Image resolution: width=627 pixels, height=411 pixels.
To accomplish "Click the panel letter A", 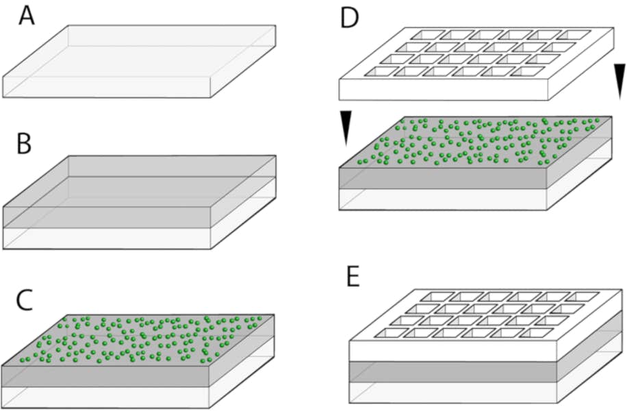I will coord(26,14).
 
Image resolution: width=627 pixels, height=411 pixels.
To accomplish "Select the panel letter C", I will coord(25,300).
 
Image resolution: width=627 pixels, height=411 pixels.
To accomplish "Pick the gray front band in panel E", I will coord(452,373).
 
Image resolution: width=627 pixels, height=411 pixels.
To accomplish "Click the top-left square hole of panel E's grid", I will coord(434,297).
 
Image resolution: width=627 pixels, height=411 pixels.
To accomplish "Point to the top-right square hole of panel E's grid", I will coord(582,297).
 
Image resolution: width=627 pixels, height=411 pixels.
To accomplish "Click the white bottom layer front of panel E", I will coord(452,394).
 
